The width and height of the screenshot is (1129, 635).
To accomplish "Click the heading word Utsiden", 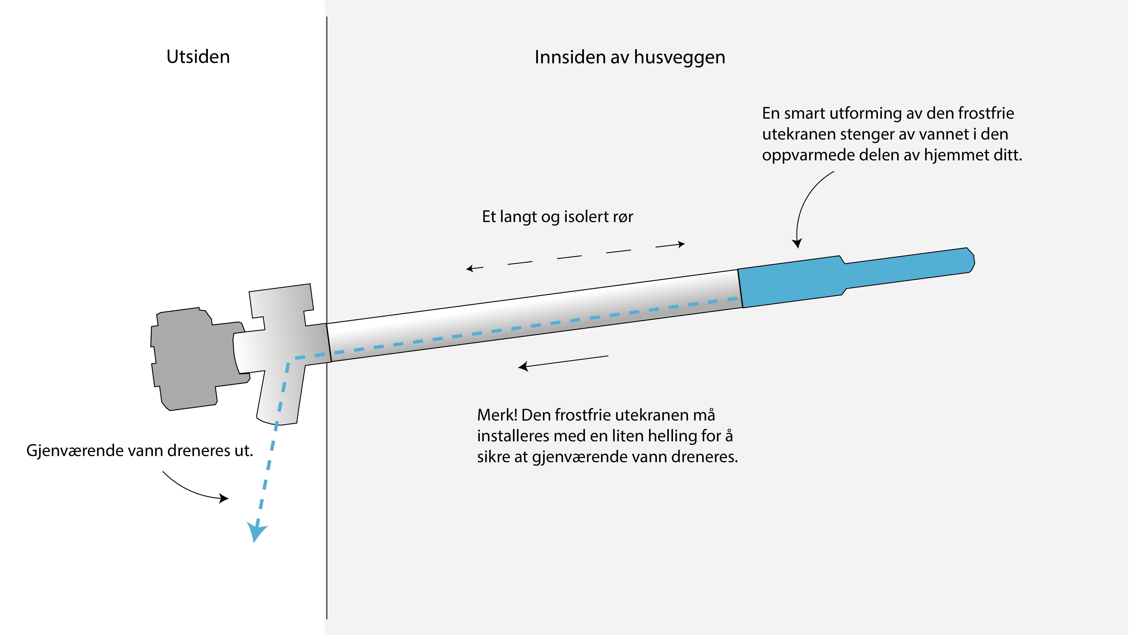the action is (198, 57).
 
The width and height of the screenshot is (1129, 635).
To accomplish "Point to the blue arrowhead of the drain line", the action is (256, 531).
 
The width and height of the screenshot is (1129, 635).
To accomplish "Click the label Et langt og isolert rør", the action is (558, 217).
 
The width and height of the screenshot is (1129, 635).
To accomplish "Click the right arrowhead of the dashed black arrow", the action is (681, 244).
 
